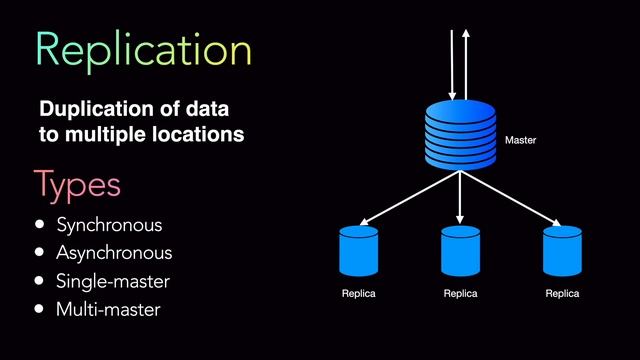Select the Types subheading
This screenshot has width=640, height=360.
point(77,185)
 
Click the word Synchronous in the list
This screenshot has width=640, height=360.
point(109,225)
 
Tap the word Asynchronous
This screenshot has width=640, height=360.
point(114,253)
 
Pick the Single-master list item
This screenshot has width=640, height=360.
point(113,281)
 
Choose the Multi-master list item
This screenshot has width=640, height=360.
point(108,309)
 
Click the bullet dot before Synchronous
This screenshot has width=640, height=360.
point(40,225)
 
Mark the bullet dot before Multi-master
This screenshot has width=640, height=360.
point(40,309)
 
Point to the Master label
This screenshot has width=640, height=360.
point(521,141)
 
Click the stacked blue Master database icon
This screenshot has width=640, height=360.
point(460,135)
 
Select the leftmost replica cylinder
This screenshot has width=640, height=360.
point(359,251)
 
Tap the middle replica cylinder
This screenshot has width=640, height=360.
point(460,251)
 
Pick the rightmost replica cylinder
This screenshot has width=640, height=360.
point(562,251)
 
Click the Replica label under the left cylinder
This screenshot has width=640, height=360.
point(359,294)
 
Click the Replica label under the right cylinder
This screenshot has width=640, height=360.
point(562,294)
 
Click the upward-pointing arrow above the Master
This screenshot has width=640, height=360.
point(467,60)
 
